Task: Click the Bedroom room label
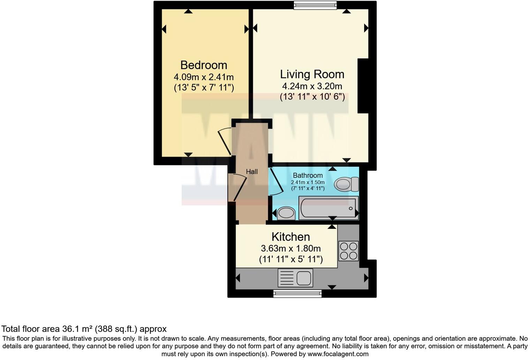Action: coord(204,65)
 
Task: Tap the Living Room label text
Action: coord(312,74)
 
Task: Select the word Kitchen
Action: coord(290,237)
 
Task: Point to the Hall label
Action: coord(252,172)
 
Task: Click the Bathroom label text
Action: coord(308,175)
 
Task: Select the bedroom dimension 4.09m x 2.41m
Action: coord(204,77)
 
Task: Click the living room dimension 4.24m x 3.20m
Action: coord(312,86)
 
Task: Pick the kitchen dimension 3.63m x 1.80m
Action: coord(290,249)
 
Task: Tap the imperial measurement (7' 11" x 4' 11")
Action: coord(308,188)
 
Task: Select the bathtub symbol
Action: coord(328,208)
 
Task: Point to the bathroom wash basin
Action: coord(286,213)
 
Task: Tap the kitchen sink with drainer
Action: coord(295,278)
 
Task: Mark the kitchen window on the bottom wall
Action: coord(297,294)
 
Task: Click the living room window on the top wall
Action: coord(315,5)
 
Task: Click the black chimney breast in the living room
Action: coord(363,86)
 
